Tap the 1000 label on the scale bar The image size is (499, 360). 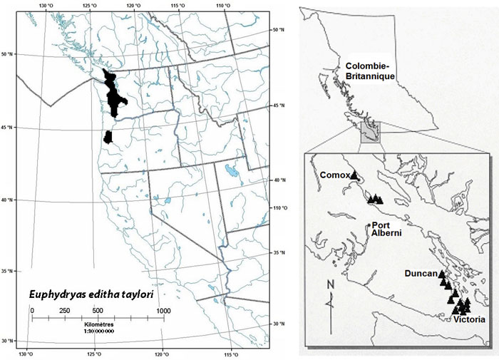pyautogui.click(x=164, y=311)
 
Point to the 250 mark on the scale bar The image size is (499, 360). pyautogui.click(x=64, y=311)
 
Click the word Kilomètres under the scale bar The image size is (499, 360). pyautogui.click(x=98, y=324)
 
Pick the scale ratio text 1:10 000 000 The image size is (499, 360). pyautogui.click(x=98, y=331)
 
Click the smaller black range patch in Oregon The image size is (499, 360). pyautogui.click(x=108, y=137)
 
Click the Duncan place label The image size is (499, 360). pyautogui.click(x=420, y=273)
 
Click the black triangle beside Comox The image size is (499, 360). pyautogui.click(x=354, y=175)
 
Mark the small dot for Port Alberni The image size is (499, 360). pyautogui.click(x=369, y=225)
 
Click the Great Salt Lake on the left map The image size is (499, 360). pyautogui.click(x=230, y=171)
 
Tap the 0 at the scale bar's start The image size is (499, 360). pyautogui.click(x=32, y=311)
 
